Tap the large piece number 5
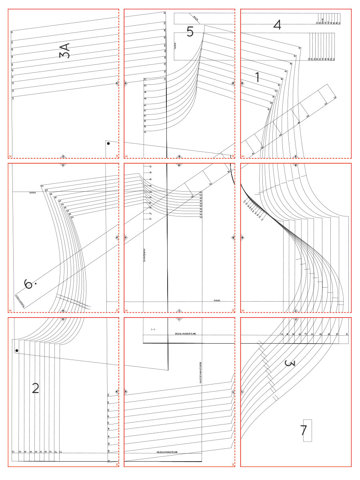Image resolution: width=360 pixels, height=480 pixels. click(190, 31)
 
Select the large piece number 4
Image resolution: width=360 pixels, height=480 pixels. click(277, 25)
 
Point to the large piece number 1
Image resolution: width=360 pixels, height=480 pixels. click(257, 77)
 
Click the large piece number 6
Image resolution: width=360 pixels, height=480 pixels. click(28, 284)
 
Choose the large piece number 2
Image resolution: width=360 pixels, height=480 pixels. click(36, 388)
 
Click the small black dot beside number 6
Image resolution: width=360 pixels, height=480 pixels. click(36, 284)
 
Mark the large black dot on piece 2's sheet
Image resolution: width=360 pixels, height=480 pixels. click(16, 351)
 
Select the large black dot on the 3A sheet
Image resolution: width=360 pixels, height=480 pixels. click(108, 143)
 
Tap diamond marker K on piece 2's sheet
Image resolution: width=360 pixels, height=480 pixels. click(117, 392)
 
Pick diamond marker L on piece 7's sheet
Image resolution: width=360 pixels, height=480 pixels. click(242, 392)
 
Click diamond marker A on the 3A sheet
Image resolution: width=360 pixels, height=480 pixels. click(117, 83)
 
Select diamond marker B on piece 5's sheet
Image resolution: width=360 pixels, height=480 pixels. click(233, 83)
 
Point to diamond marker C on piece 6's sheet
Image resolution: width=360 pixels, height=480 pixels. click(63, 165)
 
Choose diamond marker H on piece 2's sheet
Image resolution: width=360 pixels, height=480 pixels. click(63, 319)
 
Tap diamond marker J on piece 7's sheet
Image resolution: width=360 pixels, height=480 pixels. click(295, 319)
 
